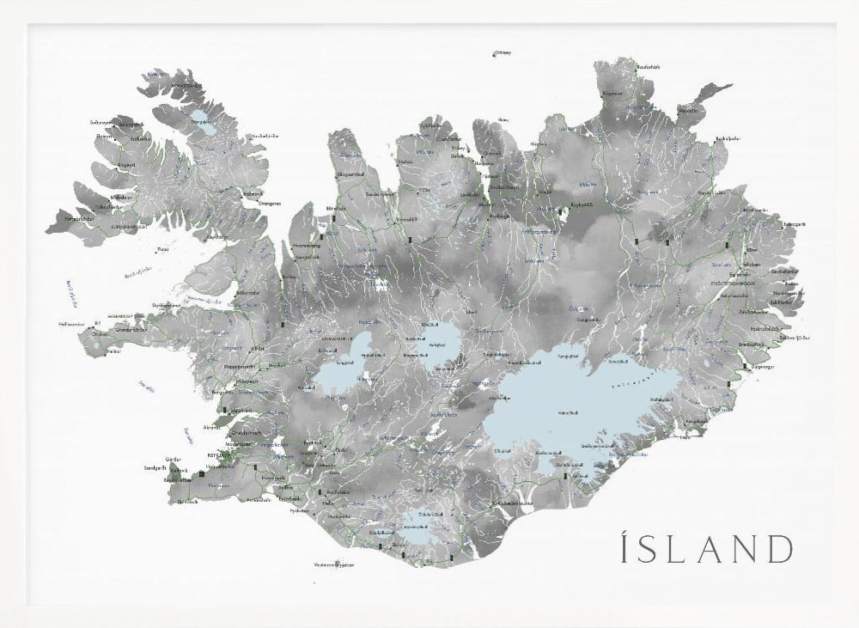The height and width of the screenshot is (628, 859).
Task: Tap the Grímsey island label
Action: tap(503, 52)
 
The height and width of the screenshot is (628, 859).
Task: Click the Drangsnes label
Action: tap(258, 204)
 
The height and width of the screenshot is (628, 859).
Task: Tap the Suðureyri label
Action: tap(101, 122)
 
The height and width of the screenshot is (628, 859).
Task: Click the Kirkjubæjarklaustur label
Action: tap(505, 503)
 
